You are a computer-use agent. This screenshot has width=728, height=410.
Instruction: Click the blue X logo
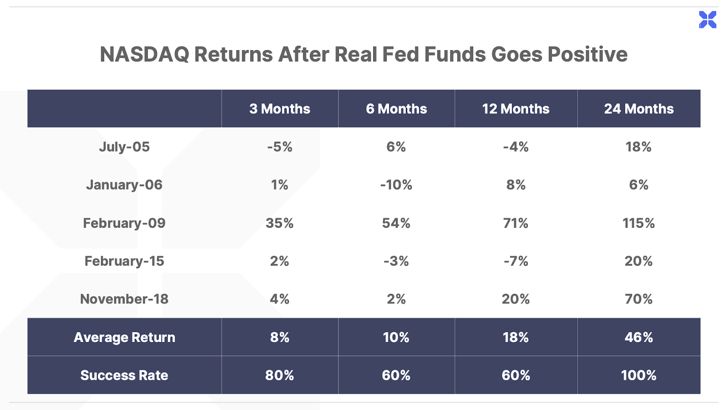click(708, 20)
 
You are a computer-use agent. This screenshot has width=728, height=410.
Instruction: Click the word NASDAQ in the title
click(144, 54)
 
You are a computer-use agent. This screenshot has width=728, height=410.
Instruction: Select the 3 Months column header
click(279, 109)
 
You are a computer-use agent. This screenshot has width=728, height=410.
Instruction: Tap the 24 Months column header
click(639, 109)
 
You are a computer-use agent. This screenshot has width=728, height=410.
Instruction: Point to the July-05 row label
click(124, 147)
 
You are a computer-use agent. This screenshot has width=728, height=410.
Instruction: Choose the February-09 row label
click(124, 223)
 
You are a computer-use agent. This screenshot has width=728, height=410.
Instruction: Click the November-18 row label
click(124, 299)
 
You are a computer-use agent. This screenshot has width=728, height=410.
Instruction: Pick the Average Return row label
click(124, 337)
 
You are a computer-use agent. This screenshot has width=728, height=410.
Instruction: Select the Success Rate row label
click(124, 375)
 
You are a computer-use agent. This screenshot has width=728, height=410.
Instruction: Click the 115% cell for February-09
click(639, 223)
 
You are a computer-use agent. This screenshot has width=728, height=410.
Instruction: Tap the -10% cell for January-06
click(396, 185)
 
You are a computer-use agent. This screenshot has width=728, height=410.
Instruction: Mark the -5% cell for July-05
click(279, 147)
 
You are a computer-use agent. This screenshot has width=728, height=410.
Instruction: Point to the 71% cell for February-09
click(516, 223)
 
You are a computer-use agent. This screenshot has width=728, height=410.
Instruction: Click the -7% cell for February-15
click(516, 261)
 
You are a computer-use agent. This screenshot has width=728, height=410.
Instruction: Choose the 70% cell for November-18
click(639, 299)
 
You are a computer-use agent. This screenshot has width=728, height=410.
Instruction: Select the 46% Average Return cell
click(639, 337)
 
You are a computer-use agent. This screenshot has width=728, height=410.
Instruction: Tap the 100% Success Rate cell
click(639, 375)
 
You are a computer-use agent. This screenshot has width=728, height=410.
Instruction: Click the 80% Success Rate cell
click(279, 375)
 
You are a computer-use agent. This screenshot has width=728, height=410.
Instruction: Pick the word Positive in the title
click(587, 54)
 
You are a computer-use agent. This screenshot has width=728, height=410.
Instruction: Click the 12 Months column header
click(516, 109)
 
